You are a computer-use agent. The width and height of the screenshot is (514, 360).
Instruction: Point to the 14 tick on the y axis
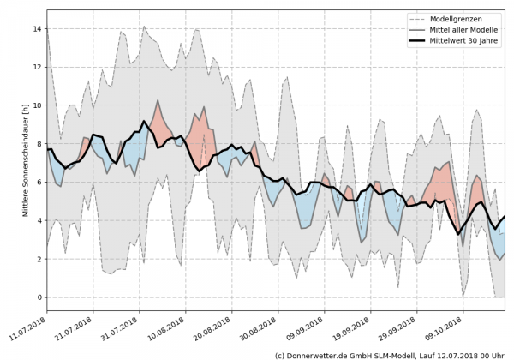point(37,28)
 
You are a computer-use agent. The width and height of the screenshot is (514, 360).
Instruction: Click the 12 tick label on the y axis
point(37,67)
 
